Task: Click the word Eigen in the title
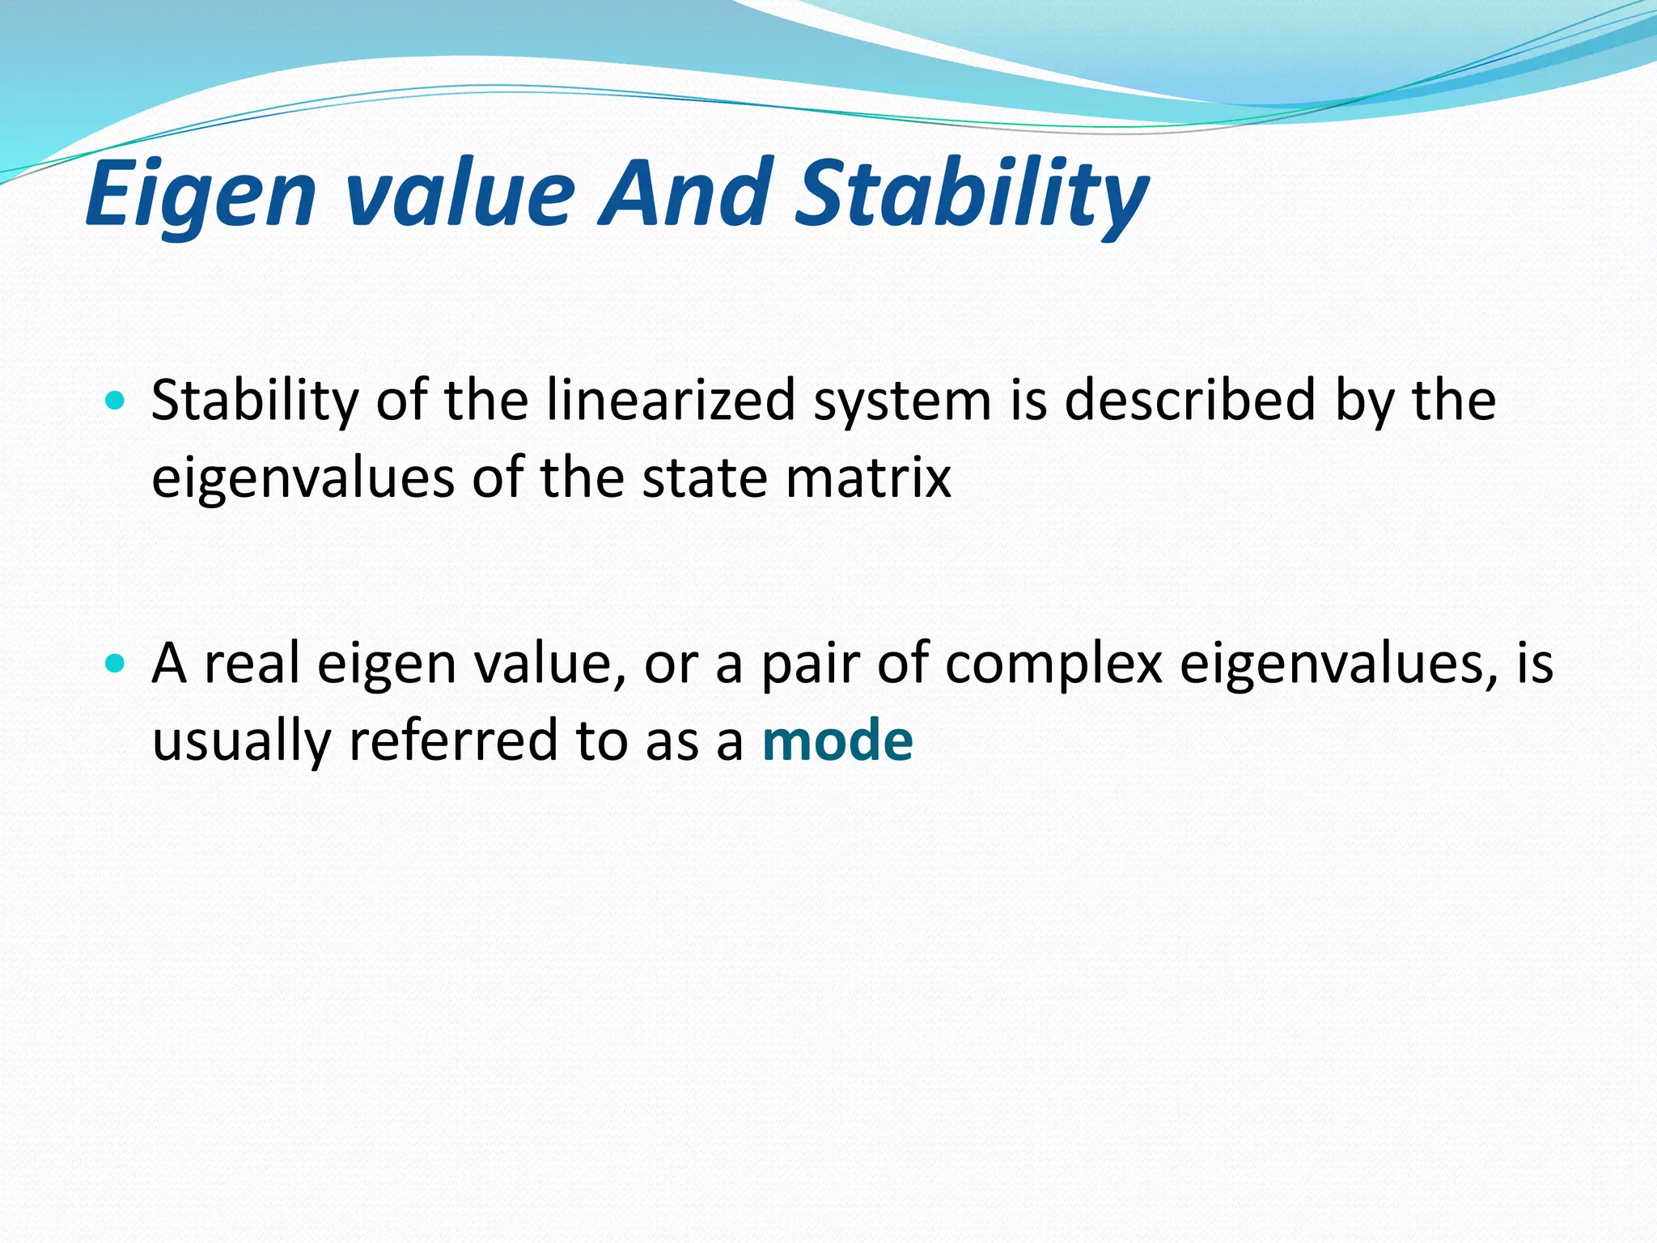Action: point(200,194)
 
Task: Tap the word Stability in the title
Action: point(971,194)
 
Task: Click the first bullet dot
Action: point(116,400)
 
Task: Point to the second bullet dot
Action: point(116,664)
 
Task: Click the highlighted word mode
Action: point(837,740)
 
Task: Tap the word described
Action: point(1190,400)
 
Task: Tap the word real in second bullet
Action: point(252,664)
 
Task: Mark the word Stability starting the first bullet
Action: point(254,401)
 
